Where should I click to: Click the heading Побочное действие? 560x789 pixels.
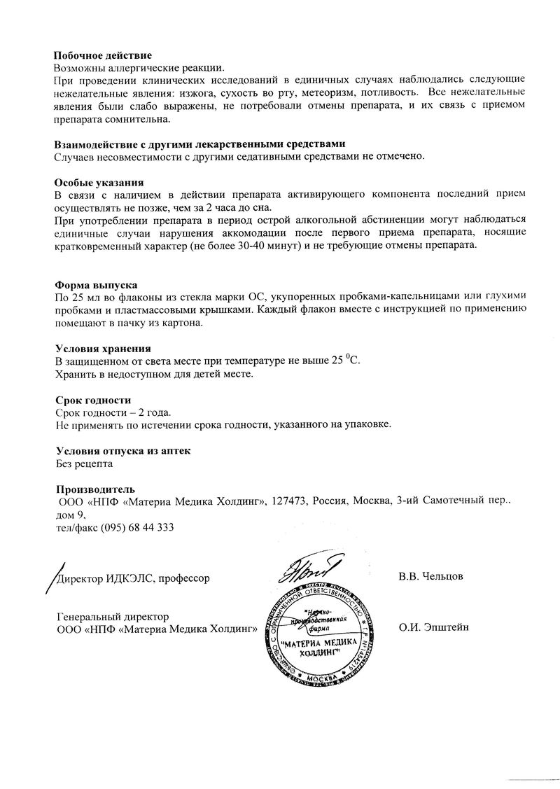(x=103, y=55)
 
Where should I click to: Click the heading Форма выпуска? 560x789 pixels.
(x=96, y=286)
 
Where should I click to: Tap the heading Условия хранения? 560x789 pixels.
(x=103, y=349)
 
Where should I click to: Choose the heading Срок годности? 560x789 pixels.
(x=93, y=400)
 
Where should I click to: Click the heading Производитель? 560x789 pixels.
(x=95, y=489)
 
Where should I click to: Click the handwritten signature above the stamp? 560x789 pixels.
(x=308, y=568)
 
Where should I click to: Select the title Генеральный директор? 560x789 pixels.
(x=112, y=616)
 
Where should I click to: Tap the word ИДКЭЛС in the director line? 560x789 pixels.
(x=127, y=578)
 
